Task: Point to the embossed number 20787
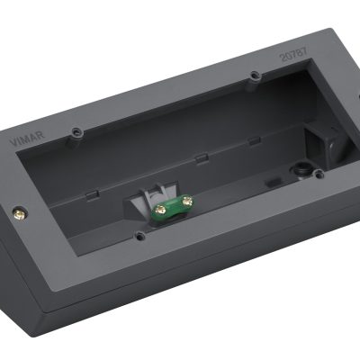click(x=293, y=54)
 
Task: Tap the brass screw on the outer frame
click(x=20, y=214)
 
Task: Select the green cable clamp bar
click(x=172, y=206)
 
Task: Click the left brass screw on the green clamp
click(x=161, y=211)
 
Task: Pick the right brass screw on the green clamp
click(x=188, y=201)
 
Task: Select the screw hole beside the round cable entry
click(x=319, y=174)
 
